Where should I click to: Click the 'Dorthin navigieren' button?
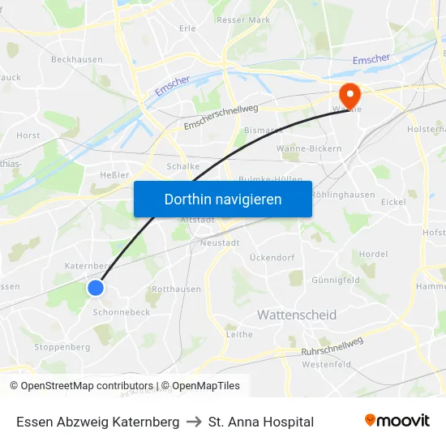tap(223, 199)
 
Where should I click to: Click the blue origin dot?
tap(96, 288)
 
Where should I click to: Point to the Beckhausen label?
tap(77, 59)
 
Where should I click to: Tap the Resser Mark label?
tap(243, 19)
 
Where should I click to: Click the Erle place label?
tap(187, 28)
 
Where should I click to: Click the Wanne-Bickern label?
tap(309, 149)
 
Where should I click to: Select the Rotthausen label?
tap(176, 289)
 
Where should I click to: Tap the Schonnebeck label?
tap(122, 312)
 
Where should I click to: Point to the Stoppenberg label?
tap(62, 347)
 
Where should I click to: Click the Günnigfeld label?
tap(336, 280)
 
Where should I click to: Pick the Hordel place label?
tap(373, 254)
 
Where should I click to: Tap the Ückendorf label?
tap(272, 258)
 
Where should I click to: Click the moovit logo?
tap(397, 421)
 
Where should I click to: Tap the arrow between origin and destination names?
tap(194, 422)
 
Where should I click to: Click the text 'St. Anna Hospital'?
tap(261, 422)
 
